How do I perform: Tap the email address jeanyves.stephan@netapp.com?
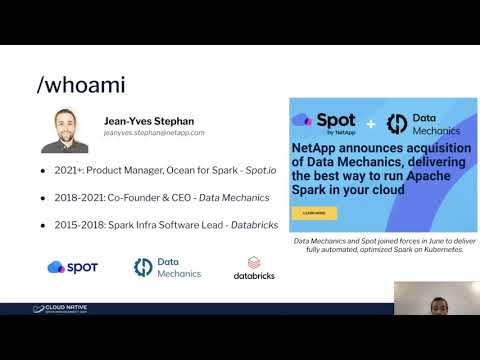[x=154, y=132]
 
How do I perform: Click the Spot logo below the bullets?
[x=71, y=267]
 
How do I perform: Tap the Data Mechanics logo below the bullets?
[x=168, y=267]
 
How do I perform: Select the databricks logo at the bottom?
[x=254, y=267]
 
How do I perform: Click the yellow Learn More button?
[x=314, y=212]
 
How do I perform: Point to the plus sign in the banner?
[x=369, y=123]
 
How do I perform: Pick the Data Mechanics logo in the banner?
[x=421, y=122]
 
